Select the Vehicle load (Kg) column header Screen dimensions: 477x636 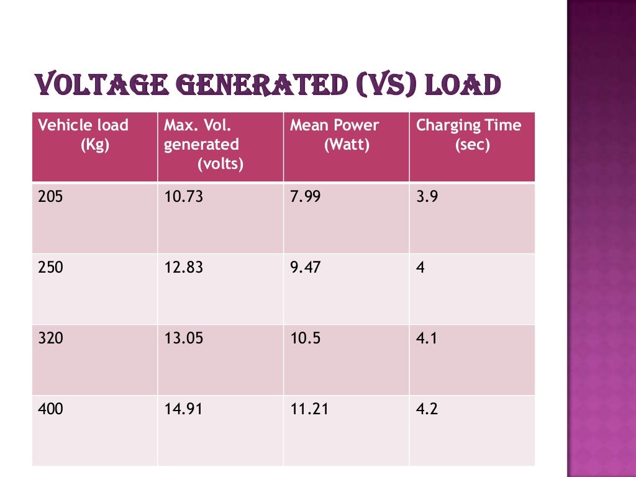pyautogui.click(x=83, y=135)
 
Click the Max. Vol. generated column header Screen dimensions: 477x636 pyautogui.click(x=201, y=144)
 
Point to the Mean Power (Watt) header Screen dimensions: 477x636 pyautogui.click(x=334, y=135)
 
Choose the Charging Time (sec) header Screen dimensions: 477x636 pyautogui.click(x=469, y=135)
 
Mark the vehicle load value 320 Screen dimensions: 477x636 pyautogui.click(x=50, y=338)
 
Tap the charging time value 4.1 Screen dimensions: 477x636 pyautogui.click(x=427, y=338)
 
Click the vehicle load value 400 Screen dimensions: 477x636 pyautogui.click(x=50, y=409)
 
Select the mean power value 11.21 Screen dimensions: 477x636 pyautogui.click(x=309, y=409)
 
